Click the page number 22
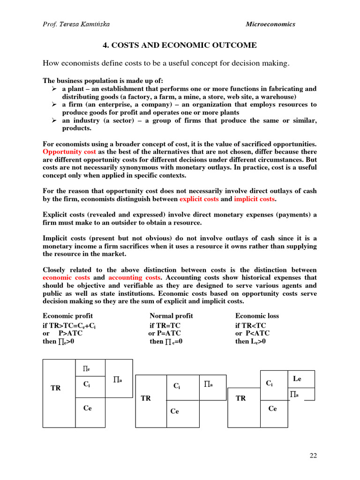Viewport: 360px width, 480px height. point(313,456)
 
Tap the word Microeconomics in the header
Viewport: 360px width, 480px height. point(270,24)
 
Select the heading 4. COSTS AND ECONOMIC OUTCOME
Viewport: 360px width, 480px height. point(180,45)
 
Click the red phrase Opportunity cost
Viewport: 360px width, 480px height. point(70,152)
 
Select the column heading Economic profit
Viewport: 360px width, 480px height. point(67,316)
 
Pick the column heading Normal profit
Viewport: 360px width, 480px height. point(171,316)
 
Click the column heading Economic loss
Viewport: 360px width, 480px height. point(257,316)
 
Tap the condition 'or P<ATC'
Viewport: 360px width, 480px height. point(252,333)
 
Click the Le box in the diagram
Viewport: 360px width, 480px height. point(297,378)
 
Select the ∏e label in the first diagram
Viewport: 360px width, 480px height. point(87,368)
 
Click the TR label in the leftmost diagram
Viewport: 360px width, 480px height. point(55,388)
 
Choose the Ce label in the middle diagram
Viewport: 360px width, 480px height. point(174,411)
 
